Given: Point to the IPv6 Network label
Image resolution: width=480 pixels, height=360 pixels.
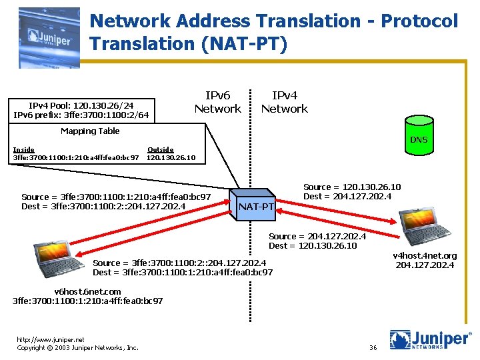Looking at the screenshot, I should click(217, 102).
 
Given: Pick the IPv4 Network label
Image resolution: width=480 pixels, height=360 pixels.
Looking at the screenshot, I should click(284, 102).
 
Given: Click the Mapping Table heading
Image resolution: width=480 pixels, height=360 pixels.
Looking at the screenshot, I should click(90, 131).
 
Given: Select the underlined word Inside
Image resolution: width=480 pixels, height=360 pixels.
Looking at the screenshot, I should click(24, 149).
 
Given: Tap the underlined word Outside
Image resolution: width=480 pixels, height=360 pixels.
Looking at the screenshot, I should click(160, 149).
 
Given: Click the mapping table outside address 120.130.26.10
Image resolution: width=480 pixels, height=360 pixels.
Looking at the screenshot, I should click(171, 158).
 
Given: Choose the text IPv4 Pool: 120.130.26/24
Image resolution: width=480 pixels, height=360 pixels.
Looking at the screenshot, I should click(81, 105).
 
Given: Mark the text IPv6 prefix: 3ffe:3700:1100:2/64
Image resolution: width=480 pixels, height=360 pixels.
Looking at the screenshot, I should click(81, 115).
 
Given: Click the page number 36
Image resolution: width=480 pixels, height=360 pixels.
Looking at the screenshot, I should click(373, 347).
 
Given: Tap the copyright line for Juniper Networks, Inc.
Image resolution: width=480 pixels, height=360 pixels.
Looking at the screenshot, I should click(77, 347).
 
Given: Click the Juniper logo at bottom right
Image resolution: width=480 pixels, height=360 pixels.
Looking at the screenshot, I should click(431, 340).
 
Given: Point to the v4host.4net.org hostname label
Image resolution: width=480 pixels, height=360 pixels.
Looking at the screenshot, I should click(425, 255).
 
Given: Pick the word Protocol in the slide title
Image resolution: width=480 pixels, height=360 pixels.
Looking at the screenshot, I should click(419, 21).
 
